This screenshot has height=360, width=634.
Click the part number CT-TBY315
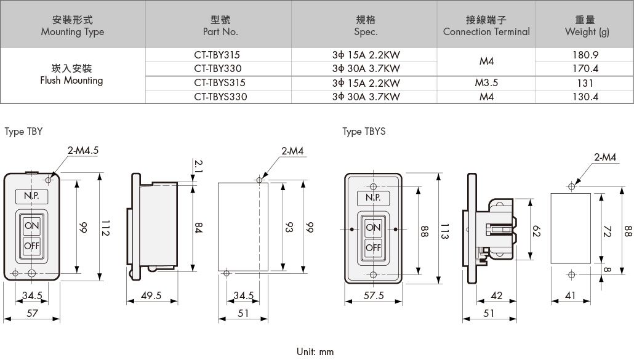click(217, 55)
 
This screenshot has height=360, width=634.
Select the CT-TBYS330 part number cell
click(220, 97)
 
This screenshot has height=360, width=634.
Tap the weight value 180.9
click(585, 55)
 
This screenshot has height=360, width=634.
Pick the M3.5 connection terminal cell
click(486, 83)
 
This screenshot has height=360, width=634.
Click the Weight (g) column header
click(587, 26)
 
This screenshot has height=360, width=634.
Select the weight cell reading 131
click(585, 83)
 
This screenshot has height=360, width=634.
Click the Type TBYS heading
click(364, 132)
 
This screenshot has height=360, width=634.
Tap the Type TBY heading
click(23, 132)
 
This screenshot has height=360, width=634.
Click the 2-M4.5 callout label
click(83, 150)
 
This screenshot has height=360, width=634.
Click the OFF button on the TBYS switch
click(373, 247)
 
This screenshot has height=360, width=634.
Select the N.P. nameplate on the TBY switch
click(31, 196)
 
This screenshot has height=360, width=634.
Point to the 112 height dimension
click(105, 228)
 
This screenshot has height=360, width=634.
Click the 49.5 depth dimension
click(151, 295)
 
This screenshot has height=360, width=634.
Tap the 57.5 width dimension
click(373, 295)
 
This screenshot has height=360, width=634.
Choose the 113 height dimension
click(444, 231)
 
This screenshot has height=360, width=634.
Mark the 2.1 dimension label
click(198, 166)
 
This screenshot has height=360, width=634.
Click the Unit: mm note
click(315, 351)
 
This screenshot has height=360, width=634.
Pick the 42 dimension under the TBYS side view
click(497, 295)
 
